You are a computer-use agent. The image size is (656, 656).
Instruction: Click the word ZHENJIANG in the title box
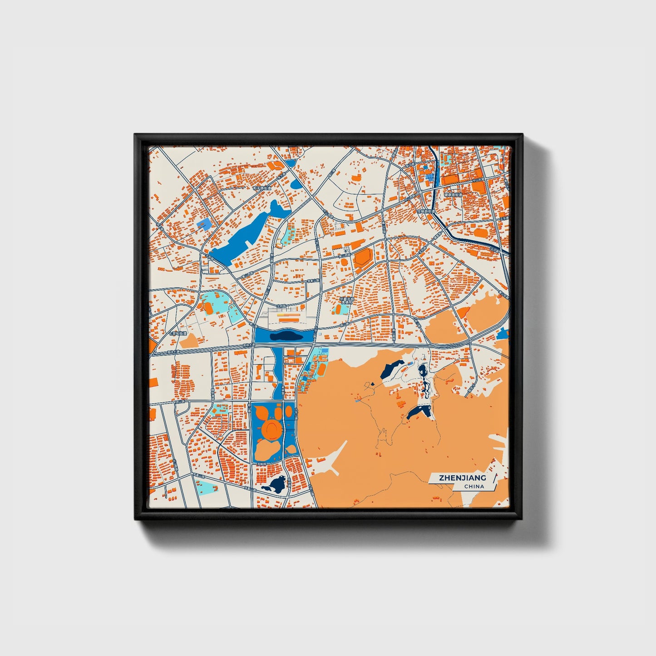462,478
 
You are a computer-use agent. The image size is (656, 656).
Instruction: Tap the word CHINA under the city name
474,486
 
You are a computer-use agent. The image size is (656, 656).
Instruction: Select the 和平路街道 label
262,187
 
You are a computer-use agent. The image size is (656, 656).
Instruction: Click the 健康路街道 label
453,195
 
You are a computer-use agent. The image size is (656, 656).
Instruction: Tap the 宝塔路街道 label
426,211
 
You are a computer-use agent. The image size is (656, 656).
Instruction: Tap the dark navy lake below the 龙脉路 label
275,485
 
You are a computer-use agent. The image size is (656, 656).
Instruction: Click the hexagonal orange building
363,257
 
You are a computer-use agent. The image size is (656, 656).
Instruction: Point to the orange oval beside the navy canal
463,312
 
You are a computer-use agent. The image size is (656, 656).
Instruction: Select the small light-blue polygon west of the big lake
205,223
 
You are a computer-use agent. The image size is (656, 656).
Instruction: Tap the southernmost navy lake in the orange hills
419,412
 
